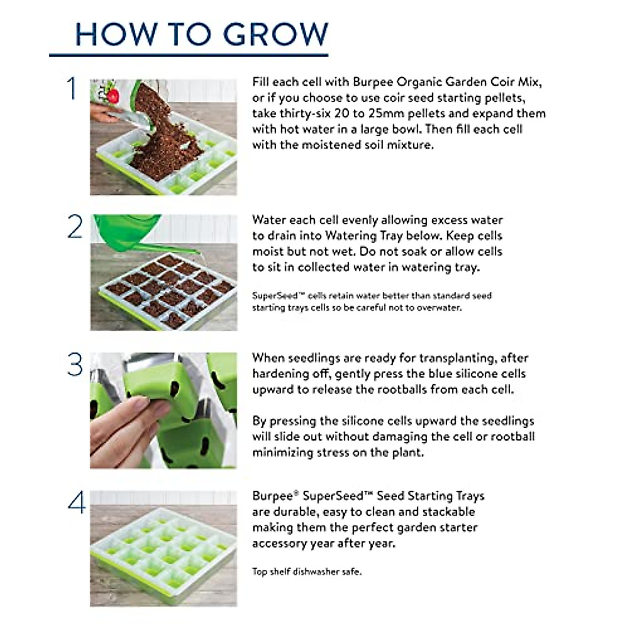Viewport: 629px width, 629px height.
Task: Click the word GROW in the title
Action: click(x=276, y=34)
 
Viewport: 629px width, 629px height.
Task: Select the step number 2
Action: click(x=75, y=227)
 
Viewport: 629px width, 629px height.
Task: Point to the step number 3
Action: click(x=75, y=365)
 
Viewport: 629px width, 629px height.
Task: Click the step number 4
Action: click(x=76, y=503)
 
